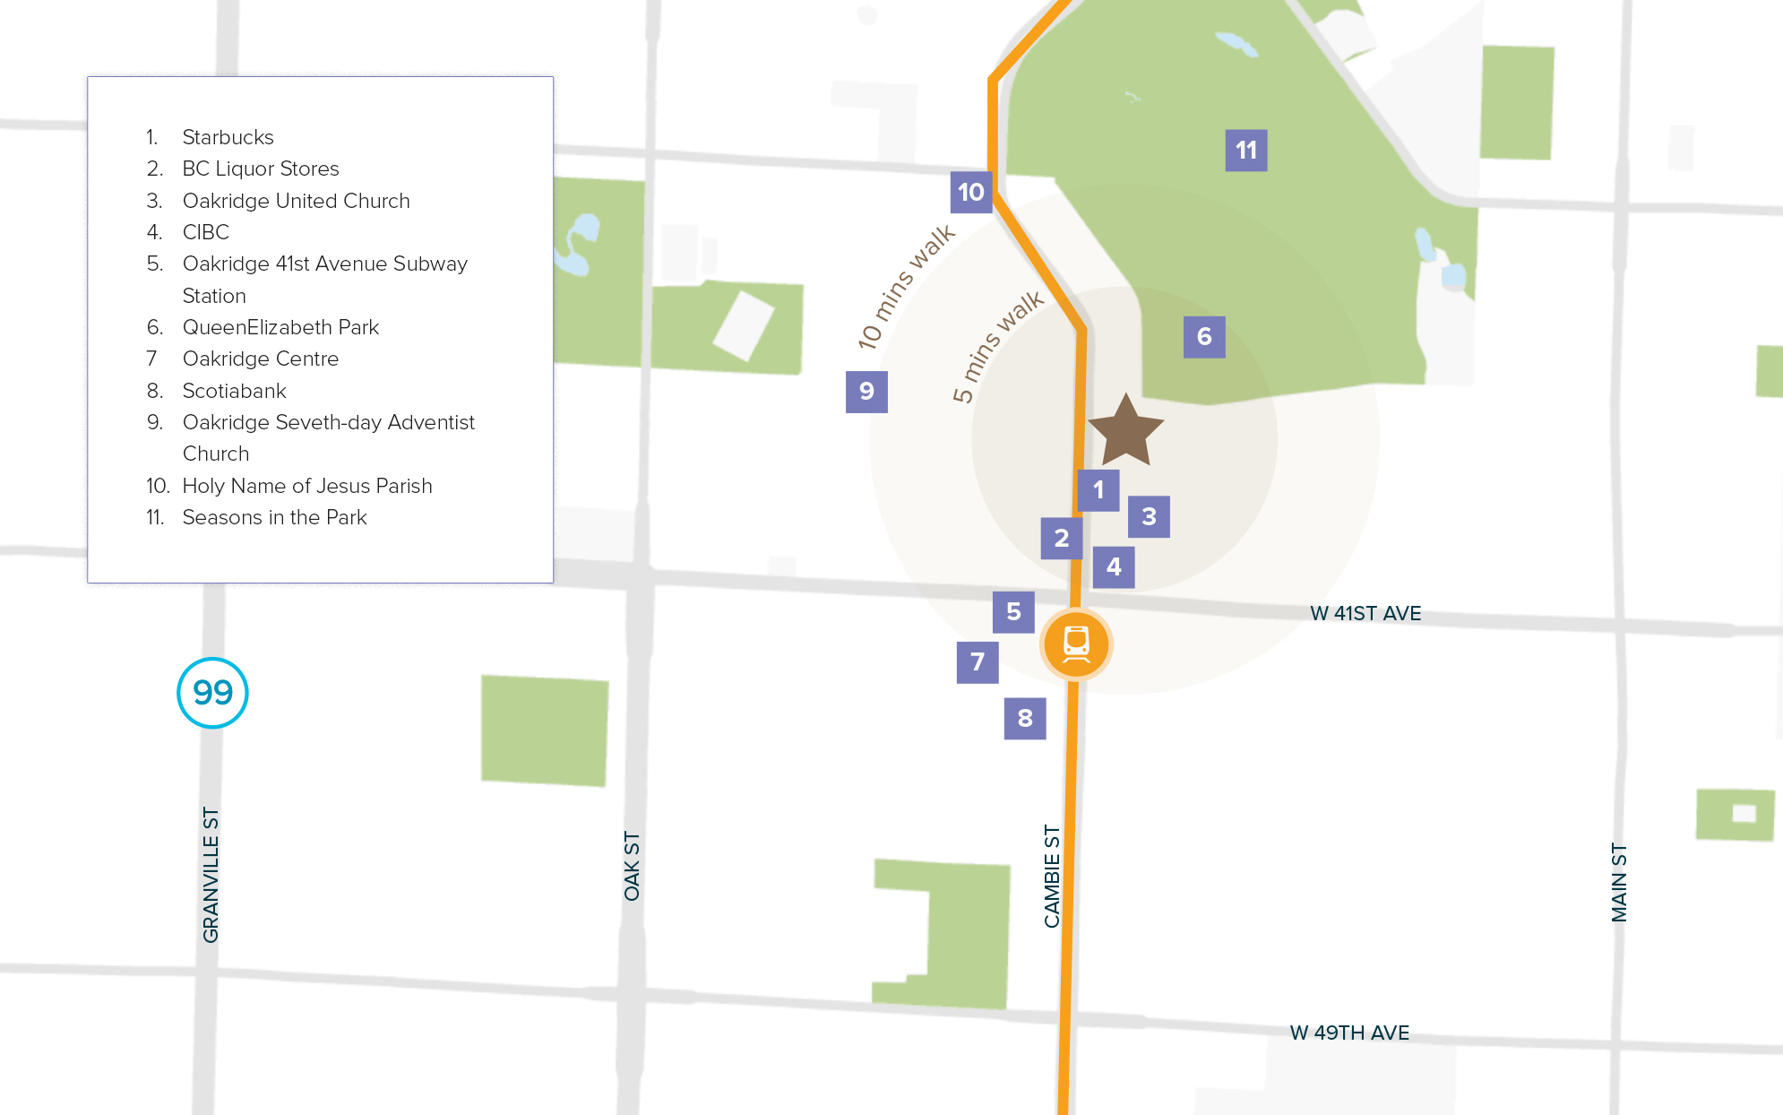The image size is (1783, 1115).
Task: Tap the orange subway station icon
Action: pyautogui.click(x=1076, y=644)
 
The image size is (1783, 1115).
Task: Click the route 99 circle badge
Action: pyautogui.click(x=212, y=693)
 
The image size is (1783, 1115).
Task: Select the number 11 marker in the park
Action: pyautogui.click(x=1245, y=150)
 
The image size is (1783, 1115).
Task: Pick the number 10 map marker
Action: pyautogui.click(x=970, y=192)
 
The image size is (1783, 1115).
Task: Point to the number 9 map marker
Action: pyautogui.click(x=866, y=392)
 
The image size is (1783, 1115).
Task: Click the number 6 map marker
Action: pyautogui.click(x=1204, y=337)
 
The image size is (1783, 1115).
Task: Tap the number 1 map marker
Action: pyautogui.click(x=1098, y=490)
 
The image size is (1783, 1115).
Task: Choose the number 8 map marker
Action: pyautogui.click(x=1025, y=718)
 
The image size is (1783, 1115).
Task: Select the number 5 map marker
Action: pyautogui.click(x=1013, y=612)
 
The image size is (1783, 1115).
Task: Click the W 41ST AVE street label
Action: pyautogui.click(x=1365, y=614)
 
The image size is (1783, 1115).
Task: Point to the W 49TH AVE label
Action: pyautogui.click(x=1349, y=1033)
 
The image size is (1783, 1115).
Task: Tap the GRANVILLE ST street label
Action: pyautogui.click(x=211, y=875)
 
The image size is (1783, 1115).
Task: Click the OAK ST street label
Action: pyautogui.click(x=633, y=866)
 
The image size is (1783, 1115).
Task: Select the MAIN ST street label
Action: pyautogui.click(x=1619, y=882)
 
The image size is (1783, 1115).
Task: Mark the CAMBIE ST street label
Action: pyautogui.click(x=1052, y=877)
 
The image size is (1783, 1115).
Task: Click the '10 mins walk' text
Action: pyautogui.click(x=906, y=287)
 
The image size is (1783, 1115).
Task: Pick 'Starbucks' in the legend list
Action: pyautogui.click(x=228, y=137)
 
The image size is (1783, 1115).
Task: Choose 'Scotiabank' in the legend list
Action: pyautogui.click(x=234, y=391)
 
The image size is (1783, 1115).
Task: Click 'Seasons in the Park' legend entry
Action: pyautogui.click(x=274, y=517)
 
